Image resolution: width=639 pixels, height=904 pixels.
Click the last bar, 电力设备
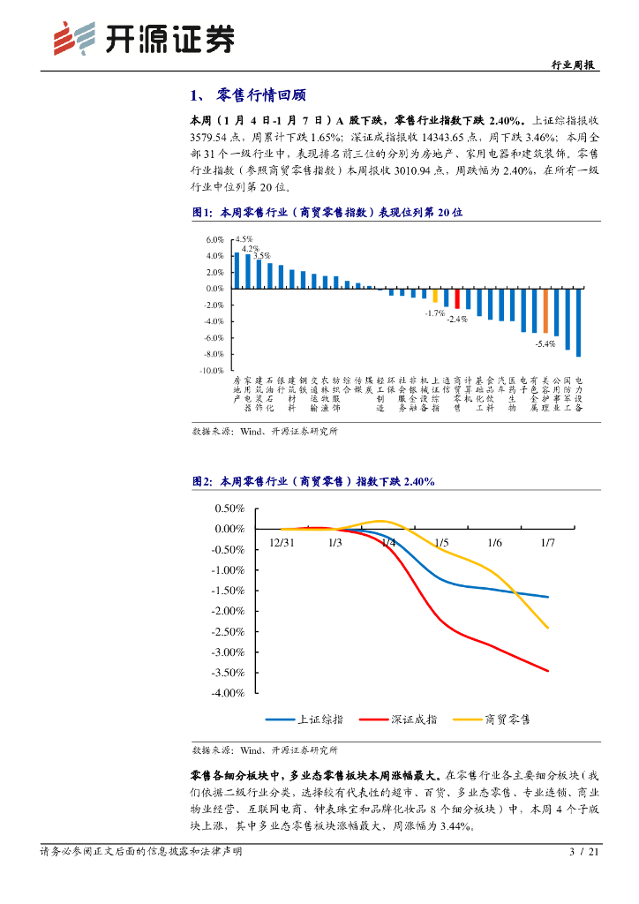[579, 322]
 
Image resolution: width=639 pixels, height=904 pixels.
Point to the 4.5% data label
[244, 239]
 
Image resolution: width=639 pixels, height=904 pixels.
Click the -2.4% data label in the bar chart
[456, 319]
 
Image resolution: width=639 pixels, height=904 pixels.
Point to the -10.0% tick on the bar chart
[213, 371]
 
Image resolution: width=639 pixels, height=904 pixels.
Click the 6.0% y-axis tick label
[214, 240]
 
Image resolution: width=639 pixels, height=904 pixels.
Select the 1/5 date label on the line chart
[441, 543]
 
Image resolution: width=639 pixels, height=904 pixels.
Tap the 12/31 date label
[282, 543]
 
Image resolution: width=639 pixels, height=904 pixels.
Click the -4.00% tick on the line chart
[229, 693]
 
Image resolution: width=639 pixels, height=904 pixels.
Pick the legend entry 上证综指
[305, 719]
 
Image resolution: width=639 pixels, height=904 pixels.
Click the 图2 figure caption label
[203, 482]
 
